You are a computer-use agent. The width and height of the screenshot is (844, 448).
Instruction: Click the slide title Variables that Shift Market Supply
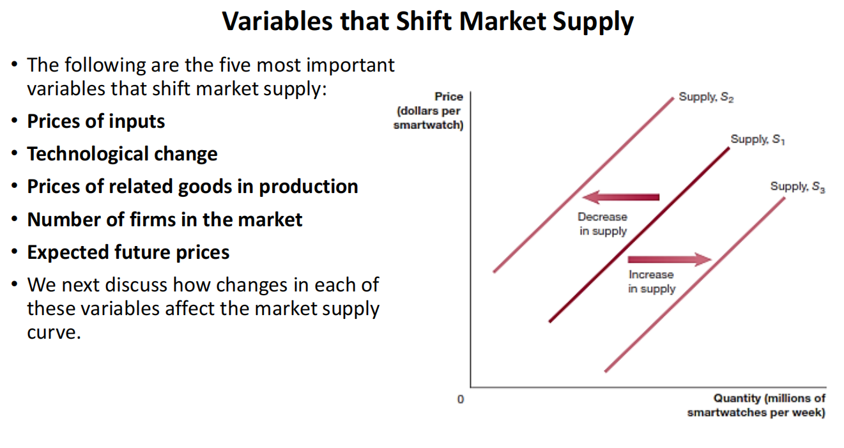point(427,22)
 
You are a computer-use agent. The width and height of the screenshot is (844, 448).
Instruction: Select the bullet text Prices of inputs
point(96,121)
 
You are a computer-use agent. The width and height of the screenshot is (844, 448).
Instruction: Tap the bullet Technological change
point(123,154)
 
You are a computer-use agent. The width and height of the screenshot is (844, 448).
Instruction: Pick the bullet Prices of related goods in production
point(192,187)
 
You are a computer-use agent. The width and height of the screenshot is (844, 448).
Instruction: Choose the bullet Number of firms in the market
point(165,219)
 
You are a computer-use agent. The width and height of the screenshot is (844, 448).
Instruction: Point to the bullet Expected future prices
point(128,252)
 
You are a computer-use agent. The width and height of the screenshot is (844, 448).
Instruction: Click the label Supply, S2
point(706,97)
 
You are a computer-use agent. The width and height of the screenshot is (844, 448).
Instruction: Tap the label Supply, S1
point(758,139)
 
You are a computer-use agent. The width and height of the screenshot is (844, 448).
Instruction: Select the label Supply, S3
point(797,187)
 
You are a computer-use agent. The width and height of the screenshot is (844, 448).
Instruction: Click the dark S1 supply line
point(640,235)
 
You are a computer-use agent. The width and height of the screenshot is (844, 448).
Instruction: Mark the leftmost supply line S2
point(583,185)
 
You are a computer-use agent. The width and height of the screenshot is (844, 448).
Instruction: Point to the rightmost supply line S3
point(694,285)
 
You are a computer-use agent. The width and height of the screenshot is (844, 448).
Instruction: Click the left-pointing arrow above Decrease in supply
point(620,197)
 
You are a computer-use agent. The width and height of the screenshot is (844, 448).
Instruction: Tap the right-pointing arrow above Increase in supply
point(670,259)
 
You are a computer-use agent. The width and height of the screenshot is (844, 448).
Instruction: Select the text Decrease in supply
point(603,224)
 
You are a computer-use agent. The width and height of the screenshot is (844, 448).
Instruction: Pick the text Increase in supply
point(652,282)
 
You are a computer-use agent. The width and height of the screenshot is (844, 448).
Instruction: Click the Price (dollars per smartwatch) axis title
point(429,111)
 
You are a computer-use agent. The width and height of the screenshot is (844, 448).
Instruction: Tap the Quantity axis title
point(756,405)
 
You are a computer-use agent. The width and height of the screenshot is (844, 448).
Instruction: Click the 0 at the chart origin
point(461,399)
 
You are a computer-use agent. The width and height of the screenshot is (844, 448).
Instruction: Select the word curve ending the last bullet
point(54,332)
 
